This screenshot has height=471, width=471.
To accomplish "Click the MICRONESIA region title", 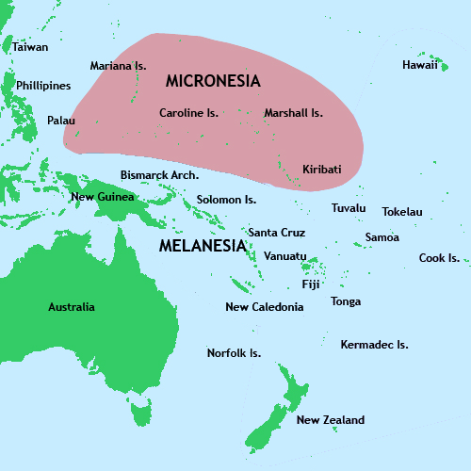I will click(x=213, y=81).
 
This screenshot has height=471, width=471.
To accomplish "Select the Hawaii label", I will click(x=419, y=65).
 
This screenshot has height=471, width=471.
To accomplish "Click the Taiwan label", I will click(x=30, y=46).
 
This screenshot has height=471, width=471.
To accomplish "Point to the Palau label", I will click(x=61, y=121).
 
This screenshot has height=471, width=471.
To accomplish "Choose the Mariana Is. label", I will click(x=119, y=66).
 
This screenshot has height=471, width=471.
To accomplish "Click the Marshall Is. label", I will click(x=293, y=113).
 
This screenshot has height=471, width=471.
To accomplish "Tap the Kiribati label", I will click(x=321, y=170).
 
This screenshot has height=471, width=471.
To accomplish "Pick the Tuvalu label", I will click(x=349, y=208).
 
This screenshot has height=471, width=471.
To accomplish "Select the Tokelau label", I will click(x=402, y=212).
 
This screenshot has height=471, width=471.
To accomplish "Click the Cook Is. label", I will click(x=439, y=258).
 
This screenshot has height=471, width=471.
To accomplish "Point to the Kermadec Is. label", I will click(x=374, y=345).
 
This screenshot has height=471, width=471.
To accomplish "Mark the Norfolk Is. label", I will click(x=234, y=353).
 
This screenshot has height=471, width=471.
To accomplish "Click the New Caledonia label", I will click(x=265, y=307).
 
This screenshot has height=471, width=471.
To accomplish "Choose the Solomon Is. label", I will click(x=226, y=200).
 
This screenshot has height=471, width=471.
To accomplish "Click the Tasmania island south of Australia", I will click(x=141, y=411).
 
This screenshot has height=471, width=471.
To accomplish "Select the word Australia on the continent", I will click(x=72, y=307).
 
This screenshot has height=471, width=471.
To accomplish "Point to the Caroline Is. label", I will click(x=188, y=113).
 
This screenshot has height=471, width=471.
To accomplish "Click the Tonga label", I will click(x=346, y=301).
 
